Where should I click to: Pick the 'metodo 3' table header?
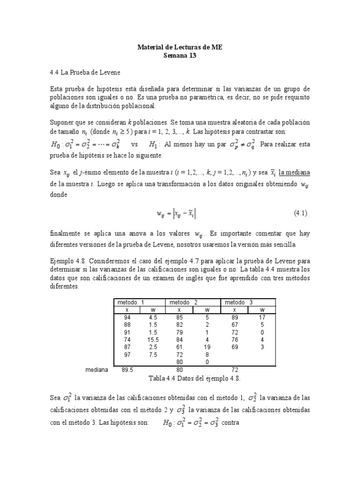tap(239, 302)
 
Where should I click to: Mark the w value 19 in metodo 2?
tap(207, 347)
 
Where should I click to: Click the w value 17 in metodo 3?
tap(262, 317)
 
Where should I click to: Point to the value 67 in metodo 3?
tap(235, 324)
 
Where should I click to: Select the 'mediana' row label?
tap(97, 370)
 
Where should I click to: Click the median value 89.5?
tap(127, 370)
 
